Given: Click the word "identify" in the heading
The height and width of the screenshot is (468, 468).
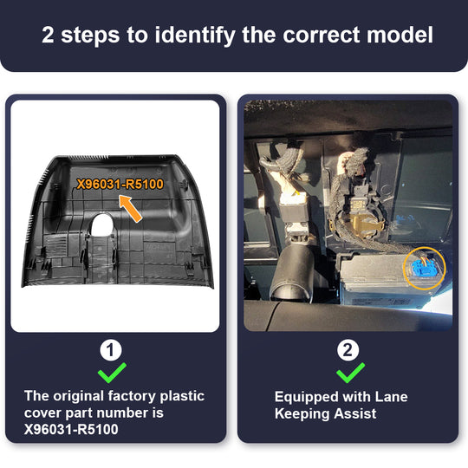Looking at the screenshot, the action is tap(195, 36).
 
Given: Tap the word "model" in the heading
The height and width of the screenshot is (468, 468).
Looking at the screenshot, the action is tap(400, 35).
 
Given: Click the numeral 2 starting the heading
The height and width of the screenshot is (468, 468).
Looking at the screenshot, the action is tap(48, 35).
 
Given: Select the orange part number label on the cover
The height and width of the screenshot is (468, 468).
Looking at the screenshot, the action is tap(120, 184).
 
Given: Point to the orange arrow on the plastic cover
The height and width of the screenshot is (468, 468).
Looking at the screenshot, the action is tap(130, 208).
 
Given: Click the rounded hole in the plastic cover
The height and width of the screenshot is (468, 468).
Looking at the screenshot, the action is tap(101, 224).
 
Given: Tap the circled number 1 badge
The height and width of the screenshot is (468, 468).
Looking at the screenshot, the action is tap(111, 350).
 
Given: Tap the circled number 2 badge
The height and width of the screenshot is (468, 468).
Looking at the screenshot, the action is tap(348, 350).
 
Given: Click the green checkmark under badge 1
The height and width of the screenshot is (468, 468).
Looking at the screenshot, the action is tap(112, 373).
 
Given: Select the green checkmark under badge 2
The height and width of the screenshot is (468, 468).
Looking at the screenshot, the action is tap(350, 373).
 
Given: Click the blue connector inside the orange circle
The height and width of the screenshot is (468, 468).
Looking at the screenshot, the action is tap(424, 267).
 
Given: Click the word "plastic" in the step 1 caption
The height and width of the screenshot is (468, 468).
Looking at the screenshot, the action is tap(182, 397).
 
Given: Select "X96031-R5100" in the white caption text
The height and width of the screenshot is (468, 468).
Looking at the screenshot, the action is tap(71, 429).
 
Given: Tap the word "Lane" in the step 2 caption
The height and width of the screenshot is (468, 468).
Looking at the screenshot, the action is tap(391, 397).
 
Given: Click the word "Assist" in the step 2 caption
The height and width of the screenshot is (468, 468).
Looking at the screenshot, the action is tap(355, 413).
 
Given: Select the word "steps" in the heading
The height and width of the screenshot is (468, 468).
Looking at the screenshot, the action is tap(90, 36).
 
